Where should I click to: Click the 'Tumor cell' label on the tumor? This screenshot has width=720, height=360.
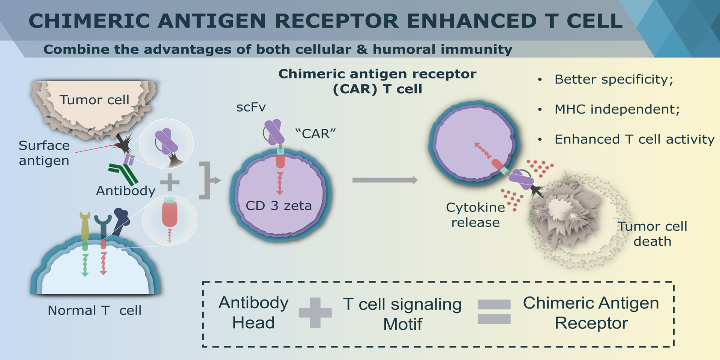point(94,100)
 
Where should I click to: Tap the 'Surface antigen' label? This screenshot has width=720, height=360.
point(44,153)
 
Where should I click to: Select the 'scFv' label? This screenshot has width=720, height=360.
point(251,108)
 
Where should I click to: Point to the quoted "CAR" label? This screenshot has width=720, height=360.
point(315,133)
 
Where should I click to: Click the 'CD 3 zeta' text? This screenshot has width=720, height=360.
point(279,206)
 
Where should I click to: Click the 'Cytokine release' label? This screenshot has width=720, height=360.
point(475,215)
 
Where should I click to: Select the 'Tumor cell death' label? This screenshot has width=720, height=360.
point(652,234)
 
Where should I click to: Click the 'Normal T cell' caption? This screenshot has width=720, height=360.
point(94,310)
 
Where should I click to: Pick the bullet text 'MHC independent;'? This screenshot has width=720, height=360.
point(617,109)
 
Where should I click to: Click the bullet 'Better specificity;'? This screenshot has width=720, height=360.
point(614,79)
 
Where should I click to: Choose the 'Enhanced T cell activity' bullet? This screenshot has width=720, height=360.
point(634,139)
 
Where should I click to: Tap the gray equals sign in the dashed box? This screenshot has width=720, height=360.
point(494,312)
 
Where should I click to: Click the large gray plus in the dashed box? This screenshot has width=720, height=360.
point(315,313)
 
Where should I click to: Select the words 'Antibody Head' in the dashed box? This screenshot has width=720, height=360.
point(253,313)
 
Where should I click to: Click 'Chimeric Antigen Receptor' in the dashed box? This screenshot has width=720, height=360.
point(591,313)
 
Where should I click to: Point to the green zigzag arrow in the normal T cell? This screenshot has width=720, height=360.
point(85,265)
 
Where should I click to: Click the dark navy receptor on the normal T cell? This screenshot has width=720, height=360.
point(121,222)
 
